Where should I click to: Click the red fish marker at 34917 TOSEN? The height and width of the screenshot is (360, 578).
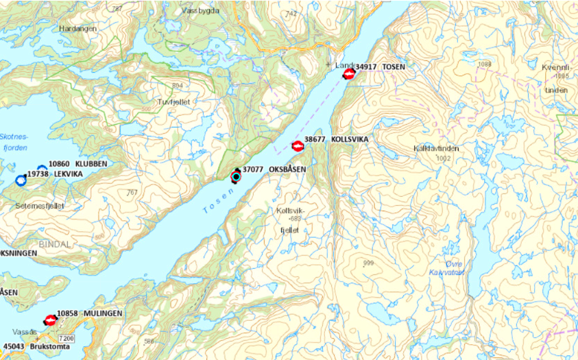click(349, 74)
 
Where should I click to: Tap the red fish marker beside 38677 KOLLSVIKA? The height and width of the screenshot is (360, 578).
click(298, 146)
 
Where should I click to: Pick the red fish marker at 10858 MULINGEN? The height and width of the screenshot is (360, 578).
click(50, 320)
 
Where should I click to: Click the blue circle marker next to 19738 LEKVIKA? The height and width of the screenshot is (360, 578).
click(20, 180)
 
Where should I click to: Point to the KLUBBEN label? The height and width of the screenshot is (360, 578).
click(91, 165)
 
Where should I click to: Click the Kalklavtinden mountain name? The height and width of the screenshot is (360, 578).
click(436, 148)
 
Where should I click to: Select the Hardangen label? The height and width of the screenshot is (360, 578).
click(78, 29)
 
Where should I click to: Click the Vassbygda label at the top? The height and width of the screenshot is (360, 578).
click(201, 11)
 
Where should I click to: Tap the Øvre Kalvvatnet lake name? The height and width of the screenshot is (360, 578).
click(447, 268)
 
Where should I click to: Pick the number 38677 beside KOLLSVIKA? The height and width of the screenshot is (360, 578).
click(315, 139)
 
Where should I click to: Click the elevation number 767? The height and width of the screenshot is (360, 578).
click(132, 193)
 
